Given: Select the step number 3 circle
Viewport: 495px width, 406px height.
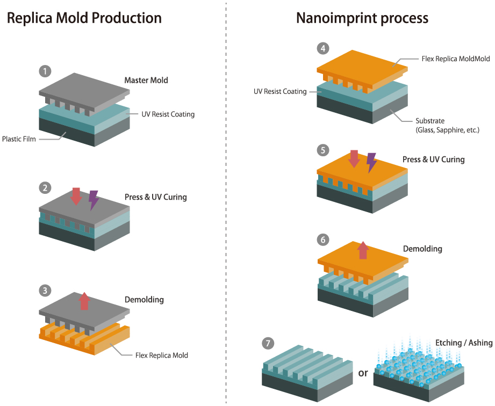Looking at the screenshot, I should pyautogui.click(x=46, y=291).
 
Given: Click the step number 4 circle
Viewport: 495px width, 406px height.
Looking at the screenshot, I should pyautogui.click(x=322, y=49).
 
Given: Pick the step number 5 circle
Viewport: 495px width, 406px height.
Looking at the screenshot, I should pyautogui.click(x=322, y=150).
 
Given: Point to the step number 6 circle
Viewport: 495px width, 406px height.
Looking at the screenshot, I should pyautogui.click(x=322, y=240).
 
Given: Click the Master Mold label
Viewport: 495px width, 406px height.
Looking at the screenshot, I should pyautogui.click(x=146, y=81).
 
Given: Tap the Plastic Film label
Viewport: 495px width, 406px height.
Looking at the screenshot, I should pyautogui.click(x=19, y=139).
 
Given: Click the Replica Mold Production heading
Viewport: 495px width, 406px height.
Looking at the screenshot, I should pyautogui.click(x=84, y=18).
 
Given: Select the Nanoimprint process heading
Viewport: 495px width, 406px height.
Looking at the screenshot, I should pyautogui.click(x=362, y=18).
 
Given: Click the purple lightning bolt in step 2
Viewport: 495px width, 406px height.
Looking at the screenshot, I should pyautogui.click(x=94, y=199).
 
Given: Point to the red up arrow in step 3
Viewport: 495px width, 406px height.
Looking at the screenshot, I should pyautogui.click(x=84, y=301).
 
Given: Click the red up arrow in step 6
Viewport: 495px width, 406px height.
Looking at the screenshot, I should pyautogui.click(x=363, y=250).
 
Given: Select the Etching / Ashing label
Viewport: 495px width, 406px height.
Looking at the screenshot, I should pyautogui.click(x=464, y=343).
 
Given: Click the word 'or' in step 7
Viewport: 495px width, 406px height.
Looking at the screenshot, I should pyautogui.click(x=363, y=373).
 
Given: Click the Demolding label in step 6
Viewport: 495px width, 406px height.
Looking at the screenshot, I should pyautogui.click(x=422, y=249).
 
